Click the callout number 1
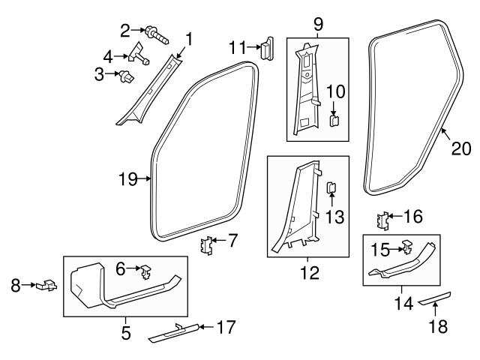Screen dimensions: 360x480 pos(189,38)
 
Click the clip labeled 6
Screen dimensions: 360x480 pos(147,267)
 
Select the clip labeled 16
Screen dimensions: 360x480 pos(382,220)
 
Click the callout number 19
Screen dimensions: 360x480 pos(127,178)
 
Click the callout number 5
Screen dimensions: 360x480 pos(124,330)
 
